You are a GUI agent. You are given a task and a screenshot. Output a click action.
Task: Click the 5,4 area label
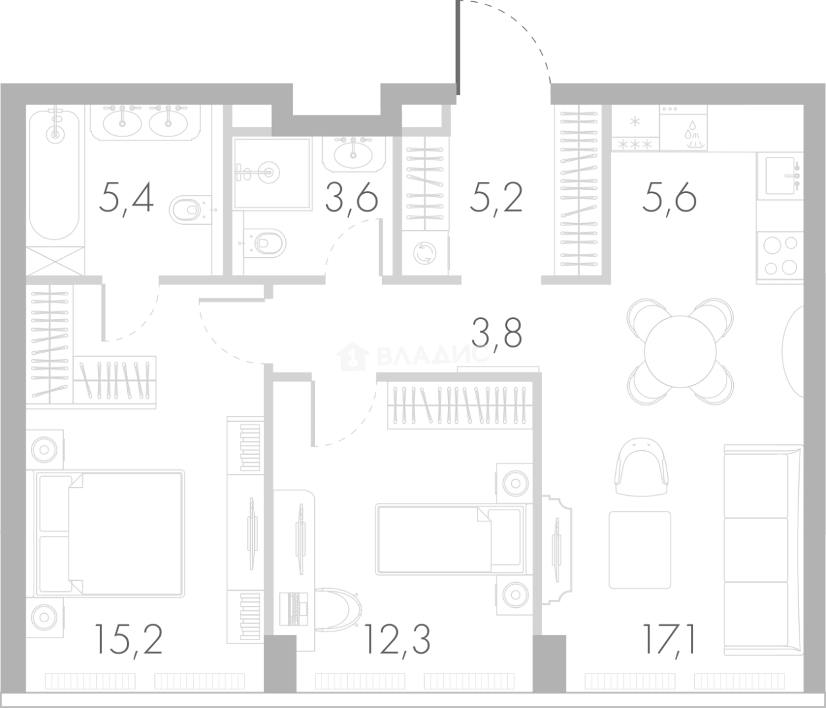tap(126, 198)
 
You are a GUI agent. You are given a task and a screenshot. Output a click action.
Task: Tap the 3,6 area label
tap(352, 198)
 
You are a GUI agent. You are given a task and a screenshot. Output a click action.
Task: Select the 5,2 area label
tap(496, 198)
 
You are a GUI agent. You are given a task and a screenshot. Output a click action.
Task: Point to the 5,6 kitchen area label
tap(670, 198)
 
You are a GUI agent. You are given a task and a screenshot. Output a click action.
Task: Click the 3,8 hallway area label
tap(496, 334)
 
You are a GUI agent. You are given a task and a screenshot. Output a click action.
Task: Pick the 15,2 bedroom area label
tap(128, 640)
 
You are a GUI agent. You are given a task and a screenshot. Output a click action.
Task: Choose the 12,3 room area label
tap(398, 640)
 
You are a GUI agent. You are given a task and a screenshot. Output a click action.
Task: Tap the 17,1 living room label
tap(669, 640)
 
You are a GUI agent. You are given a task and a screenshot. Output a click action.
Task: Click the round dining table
tap(680, 351)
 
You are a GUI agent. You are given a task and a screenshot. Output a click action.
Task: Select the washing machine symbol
tap(426, 253)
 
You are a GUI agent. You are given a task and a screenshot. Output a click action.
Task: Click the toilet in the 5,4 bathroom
tap(190, 209)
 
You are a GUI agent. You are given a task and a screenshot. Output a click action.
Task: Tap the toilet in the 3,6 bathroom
tap(265, 243)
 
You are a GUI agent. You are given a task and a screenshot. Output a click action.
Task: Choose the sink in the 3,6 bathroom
tap(353, 154)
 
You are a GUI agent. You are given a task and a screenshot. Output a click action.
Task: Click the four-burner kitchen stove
tap(780, 255)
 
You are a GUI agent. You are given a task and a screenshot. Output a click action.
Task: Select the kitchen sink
tap(780, 176)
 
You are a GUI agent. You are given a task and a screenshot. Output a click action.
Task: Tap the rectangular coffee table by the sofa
tap(640, 550)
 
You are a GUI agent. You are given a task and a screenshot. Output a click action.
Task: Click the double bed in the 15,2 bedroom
tap(110, 533)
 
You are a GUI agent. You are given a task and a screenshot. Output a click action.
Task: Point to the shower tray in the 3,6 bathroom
tap(272, 173)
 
